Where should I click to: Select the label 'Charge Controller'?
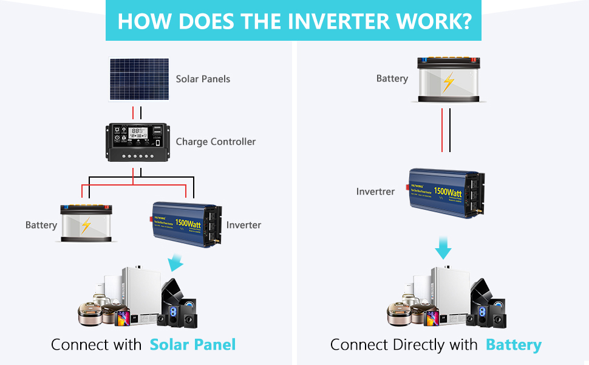click(216, 142)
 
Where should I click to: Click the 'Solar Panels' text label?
click(203, 78)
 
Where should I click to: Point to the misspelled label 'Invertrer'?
click(375, 192)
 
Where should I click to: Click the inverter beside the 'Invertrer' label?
click(446, 193)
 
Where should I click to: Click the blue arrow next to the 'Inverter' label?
click(175, 263)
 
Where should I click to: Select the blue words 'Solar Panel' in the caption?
click(192, 344)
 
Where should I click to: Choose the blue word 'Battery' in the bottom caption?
click(513, 345)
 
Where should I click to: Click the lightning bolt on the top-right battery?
click(448, 82)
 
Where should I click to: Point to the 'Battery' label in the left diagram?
click(41, 225)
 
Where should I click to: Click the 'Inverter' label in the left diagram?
click(243, 225)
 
